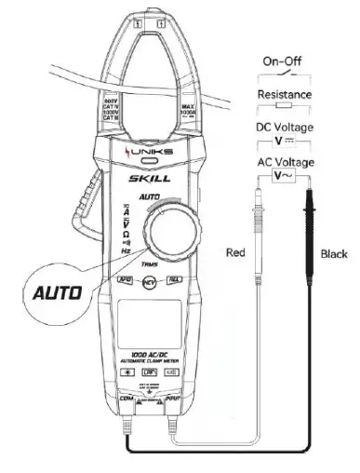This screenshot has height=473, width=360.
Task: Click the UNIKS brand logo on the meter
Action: [x=149, y=154]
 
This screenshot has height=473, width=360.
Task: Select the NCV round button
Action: [x=148, y=280]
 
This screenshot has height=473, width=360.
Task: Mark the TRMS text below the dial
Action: [x=149, y=265]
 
